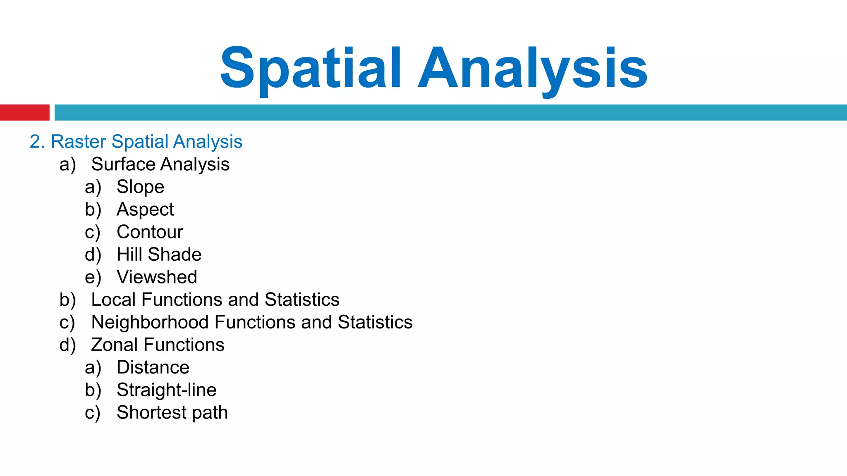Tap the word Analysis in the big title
pyautogui.click(x=533, y=69)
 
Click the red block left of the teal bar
pyautogui.click(x=24, y=112)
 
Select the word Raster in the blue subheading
pyautogui.click(x=78, y=142)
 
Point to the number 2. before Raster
pyautogui.click(x=37, y=142)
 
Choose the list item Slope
pyautogui.click(x=140, y=187)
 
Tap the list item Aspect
pyautogui.click(x=145, y=209)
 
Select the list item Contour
pyautogui.click(x=150, y=232)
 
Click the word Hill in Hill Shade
pyautogui.click(x=129, y=255)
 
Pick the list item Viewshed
pyautogui.click(x=157, y=277)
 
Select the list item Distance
pyautogui.click(x=153, y=367)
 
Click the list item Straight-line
pyautogui.click(x=166, y=390)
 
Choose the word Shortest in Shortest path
pyautogui.click(x=152, y=412)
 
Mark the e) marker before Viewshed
pyautogui.click(x=93, y=277)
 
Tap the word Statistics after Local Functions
pyautogui.click(x=302, y=300)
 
